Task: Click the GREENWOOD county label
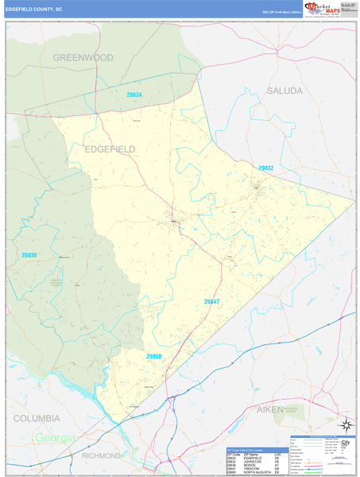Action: pyautogui.click(x=83, y=57)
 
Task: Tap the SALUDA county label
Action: pyautogui.click(x=285, y=91)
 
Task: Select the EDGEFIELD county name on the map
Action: pyautogui.click(x=110, y=149)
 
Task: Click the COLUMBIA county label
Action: pyautogui.click(x=36, y=418)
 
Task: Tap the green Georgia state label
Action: pyautogui.click(x=54, y=438)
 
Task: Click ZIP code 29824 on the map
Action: pyautogui.click(x=134, y=95)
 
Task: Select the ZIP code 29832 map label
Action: pyautogui.click(x=265, y=168)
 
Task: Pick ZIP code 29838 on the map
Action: pyautogui.click(x=29, y=255)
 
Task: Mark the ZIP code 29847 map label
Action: pyautogui.click(x=211, y=301)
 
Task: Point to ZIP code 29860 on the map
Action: pyautogui.click(x=154, y=357)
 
